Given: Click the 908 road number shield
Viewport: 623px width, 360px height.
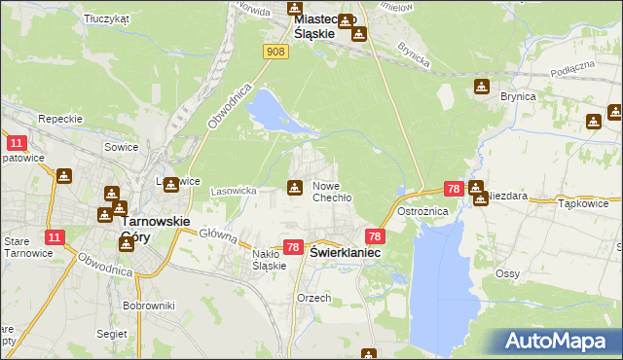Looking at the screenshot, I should tap(275, 51).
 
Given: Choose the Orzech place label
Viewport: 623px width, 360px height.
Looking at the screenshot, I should tap(313, 298).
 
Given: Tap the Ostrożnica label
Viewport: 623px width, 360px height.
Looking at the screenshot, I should tap(421, 211).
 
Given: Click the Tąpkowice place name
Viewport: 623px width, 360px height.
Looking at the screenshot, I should tap(584, 204).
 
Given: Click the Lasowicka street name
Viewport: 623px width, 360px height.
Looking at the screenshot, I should tap(233, 191).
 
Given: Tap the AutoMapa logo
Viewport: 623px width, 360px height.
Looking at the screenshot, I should tap(559, 341).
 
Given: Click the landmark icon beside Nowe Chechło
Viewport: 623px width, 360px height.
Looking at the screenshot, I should tap(294, 187).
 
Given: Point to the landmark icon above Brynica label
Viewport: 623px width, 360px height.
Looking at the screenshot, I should tap(480, 88).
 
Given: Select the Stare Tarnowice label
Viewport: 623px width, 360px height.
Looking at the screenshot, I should tap(19, 247).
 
